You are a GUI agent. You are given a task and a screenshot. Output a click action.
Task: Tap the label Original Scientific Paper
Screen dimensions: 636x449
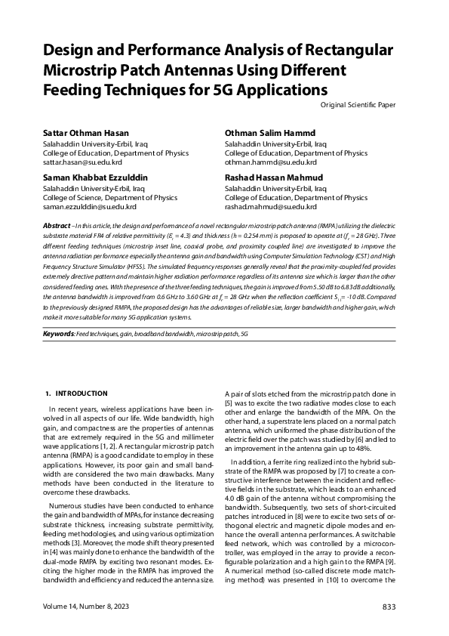358,105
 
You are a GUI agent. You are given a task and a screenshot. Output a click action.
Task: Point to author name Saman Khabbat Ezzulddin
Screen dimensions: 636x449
95,178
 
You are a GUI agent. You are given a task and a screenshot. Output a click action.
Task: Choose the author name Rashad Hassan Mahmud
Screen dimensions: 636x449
274,178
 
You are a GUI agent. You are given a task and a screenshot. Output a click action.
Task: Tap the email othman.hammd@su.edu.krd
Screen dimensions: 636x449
270,162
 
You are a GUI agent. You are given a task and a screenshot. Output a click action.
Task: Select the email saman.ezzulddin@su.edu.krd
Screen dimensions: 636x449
90,206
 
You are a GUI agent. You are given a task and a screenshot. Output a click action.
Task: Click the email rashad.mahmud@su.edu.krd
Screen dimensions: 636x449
270,206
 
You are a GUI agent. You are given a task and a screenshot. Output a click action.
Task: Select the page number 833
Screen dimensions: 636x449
389,607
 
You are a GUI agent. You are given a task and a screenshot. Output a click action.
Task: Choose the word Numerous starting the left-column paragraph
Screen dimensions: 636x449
65,505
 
